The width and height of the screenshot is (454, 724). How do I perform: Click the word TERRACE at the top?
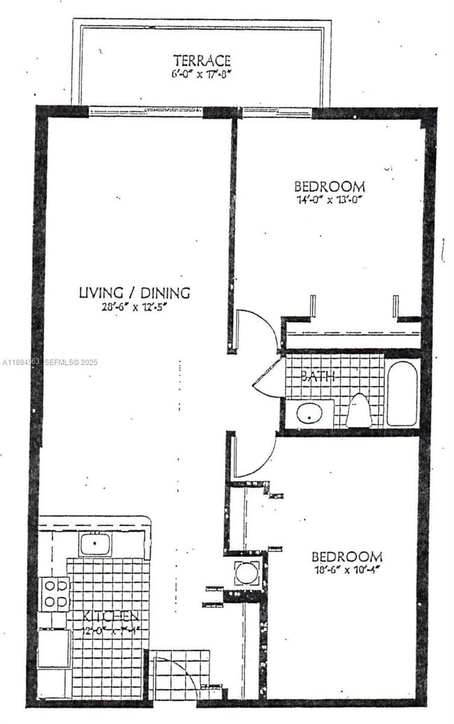[202, 60]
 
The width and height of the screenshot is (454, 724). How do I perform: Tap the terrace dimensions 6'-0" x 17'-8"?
[202, 73]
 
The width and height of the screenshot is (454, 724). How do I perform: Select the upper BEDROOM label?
[329, 187]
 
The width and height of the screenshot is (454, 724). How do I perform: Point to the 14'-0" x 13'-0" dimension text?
[329, 199]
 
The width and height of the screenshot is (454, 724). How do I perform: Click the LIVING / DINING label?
[134, 293]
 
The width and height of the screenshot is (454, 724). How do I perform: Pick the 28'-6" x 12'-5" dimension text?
[134, 305]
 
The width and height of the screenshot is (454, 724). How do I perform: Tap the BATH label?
[318, 376]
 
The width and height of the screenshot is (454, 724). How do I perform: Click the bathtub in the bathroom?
[402, 393]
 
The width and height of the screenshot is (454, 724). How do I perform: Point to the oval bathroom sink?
[309, 413]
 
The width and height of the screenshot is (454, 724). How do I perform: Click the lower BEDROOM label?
[346, 557]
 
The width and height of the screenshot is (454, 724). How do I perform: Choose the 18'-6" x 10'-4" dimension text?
[346, 570]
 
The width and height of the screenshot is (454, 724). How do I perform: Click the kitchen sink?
[94, 543]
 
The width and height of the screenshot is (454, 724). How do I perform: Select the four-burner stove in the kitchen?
[54, 593]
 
